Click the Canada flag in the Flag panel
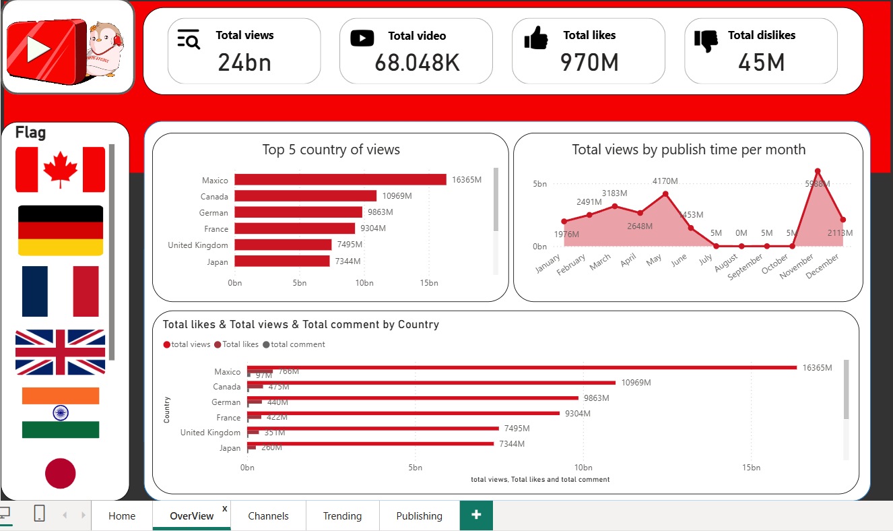(x=61, y=170)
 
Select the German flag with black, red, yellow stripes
(x=61, y=230)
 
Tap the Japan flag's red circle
(x=61, y=473)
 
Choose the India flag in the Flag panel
(x=61, y=412)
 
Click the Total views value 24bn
(x=244, y=63)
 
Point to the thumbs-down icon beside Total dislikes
(x=706, y=40)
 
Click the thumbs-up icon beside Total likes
(x=536, y=38)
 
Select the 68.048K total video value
(x=417, y=63)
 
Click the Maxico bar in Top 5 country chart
(x=340, y=180)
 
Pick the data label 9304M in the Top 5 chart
(x=373, y=229)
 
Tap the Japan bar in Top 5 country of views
(x=282, y=261)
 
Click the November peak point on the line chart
(x=818, y=171)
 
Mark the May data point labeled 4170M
(x=665, y=194)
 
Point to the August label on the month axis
(x=726, y=263)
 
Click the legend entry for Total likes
(x=236, y=344)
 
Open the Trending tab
(x=342, y=516)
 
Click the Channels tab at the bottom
(x=268, y=516)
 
